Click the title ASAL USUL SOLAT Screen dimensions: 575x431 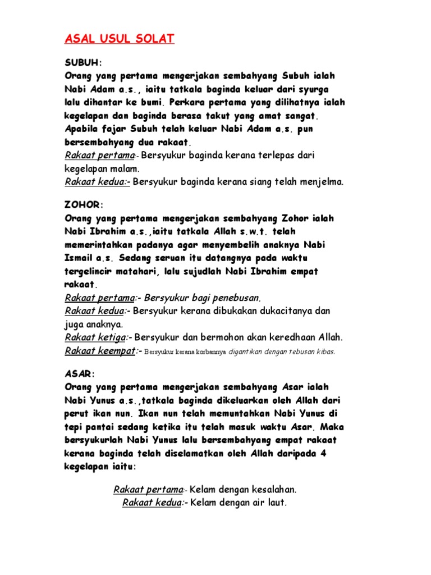point(120,39)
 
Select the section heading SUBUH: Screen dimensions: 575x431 point(83,62)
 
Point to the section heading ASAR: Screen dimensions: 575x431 point(80,373)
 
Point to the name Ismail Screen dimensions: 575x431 point(82,259)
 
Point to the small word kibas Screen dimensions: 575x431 point(325,352)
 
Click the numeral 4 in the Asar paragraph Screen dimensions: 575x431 point(323,454)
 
